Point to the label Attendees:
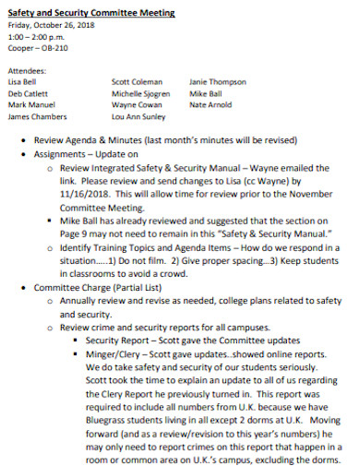[29, 70]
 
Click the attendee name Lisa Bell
[24, 81]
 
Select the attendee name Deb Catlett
[29, 93]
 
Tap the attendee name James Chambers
[39, 117]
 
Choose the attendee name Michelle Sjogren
[142, 93]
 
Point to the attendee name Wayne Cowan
[136, 105]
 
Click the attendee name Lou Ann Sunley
[139, 117]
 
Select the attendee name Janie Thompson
[218, 81]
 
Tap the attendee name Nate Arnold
[210, 105]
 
